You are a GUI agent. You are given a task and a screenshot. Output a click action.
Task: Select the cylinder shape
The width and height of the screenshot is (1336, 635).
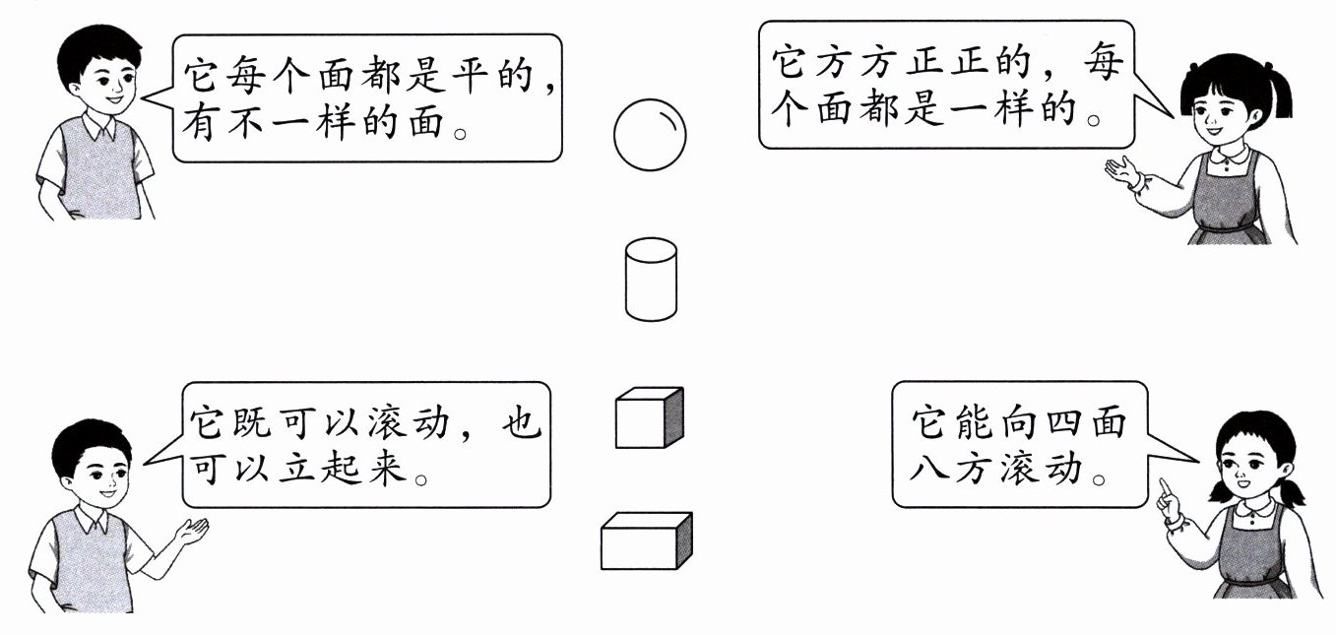(651, 279)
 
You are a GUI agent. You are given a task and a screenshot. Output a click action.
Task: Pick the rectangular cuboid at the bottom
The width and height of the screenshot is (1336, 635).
(646, 541)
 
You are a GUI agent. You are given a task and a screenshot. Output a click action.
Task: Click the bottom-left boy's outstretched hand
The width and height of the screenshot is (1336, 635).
(193, 532)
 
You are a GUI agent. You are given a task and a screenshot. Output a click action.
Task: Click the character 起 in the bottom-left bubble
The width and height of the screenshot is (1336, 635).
(348, 471)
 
